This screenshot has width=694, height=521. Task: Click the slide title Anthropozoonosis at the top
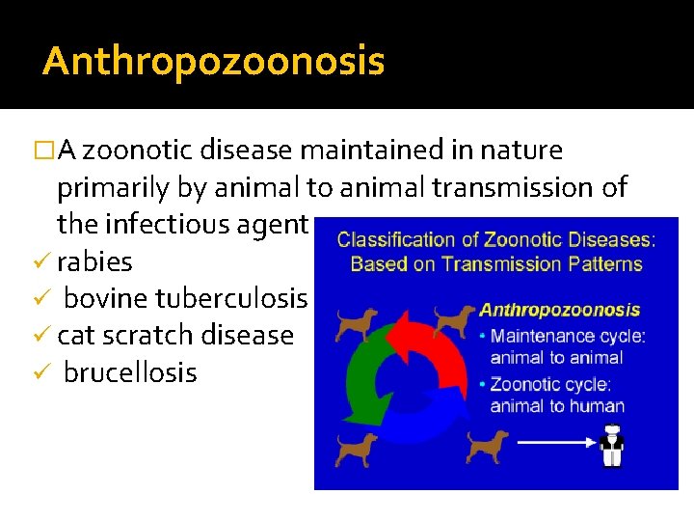(x=213, y=62)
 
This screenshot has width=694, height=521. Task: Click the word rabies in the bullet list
(x=94, y=261)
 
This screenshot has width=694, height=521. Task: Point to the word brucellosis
(x=129, y=372)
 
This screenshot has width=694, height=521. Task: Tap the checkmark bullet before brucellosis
(x=44, y=372)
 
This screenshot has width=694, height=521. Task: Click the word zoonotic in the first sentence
(x=143, y=151)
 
